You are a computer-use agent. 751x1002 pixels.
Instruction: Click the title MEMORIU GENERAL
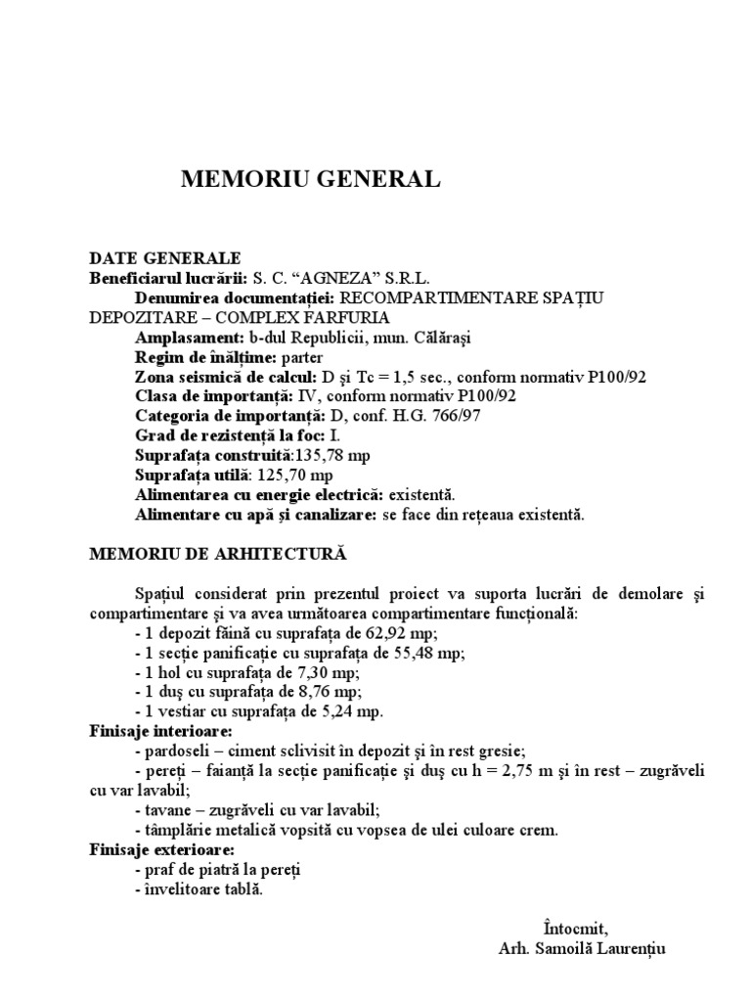pyautogui.click(x=311, y=179)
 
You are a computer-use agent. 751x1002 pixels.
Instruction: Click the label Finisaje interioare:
pyautogui.click(x=160, y=731)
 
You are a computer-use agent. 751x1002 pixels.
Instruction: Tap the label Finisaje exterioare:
pyautogui.click(x=161, y=849)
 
